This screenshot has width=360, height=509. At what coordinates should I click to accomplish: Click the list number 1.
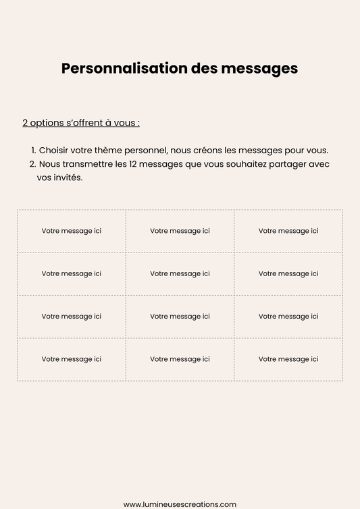coord(33,150)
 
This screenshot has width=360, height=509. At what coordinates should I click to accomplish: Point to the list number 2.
coord(32,164)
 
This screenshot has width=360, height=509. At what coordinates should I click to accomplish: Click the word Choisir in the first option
coord(55,150)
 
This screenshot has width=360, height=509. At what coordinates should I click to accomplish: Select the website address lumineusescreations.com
coord(180,504)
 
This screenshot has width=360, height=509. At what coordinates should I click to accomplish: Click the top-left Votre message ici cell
coord(72,231)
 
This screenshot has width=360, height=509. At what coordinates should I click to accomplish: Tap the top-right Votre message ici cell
coord(288,231)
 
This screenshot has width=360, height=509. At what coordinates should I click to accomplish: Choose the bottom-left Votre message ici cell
coord(72,359)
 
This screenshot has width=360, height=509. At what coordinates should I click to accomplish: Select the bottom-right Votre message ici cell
coord(288,359)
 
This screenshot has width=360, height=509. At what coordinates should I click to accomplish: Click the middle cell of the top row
coord(180,231)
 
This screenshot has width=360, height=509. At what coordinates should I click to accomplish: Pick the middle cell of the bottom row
coord(180,359)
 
